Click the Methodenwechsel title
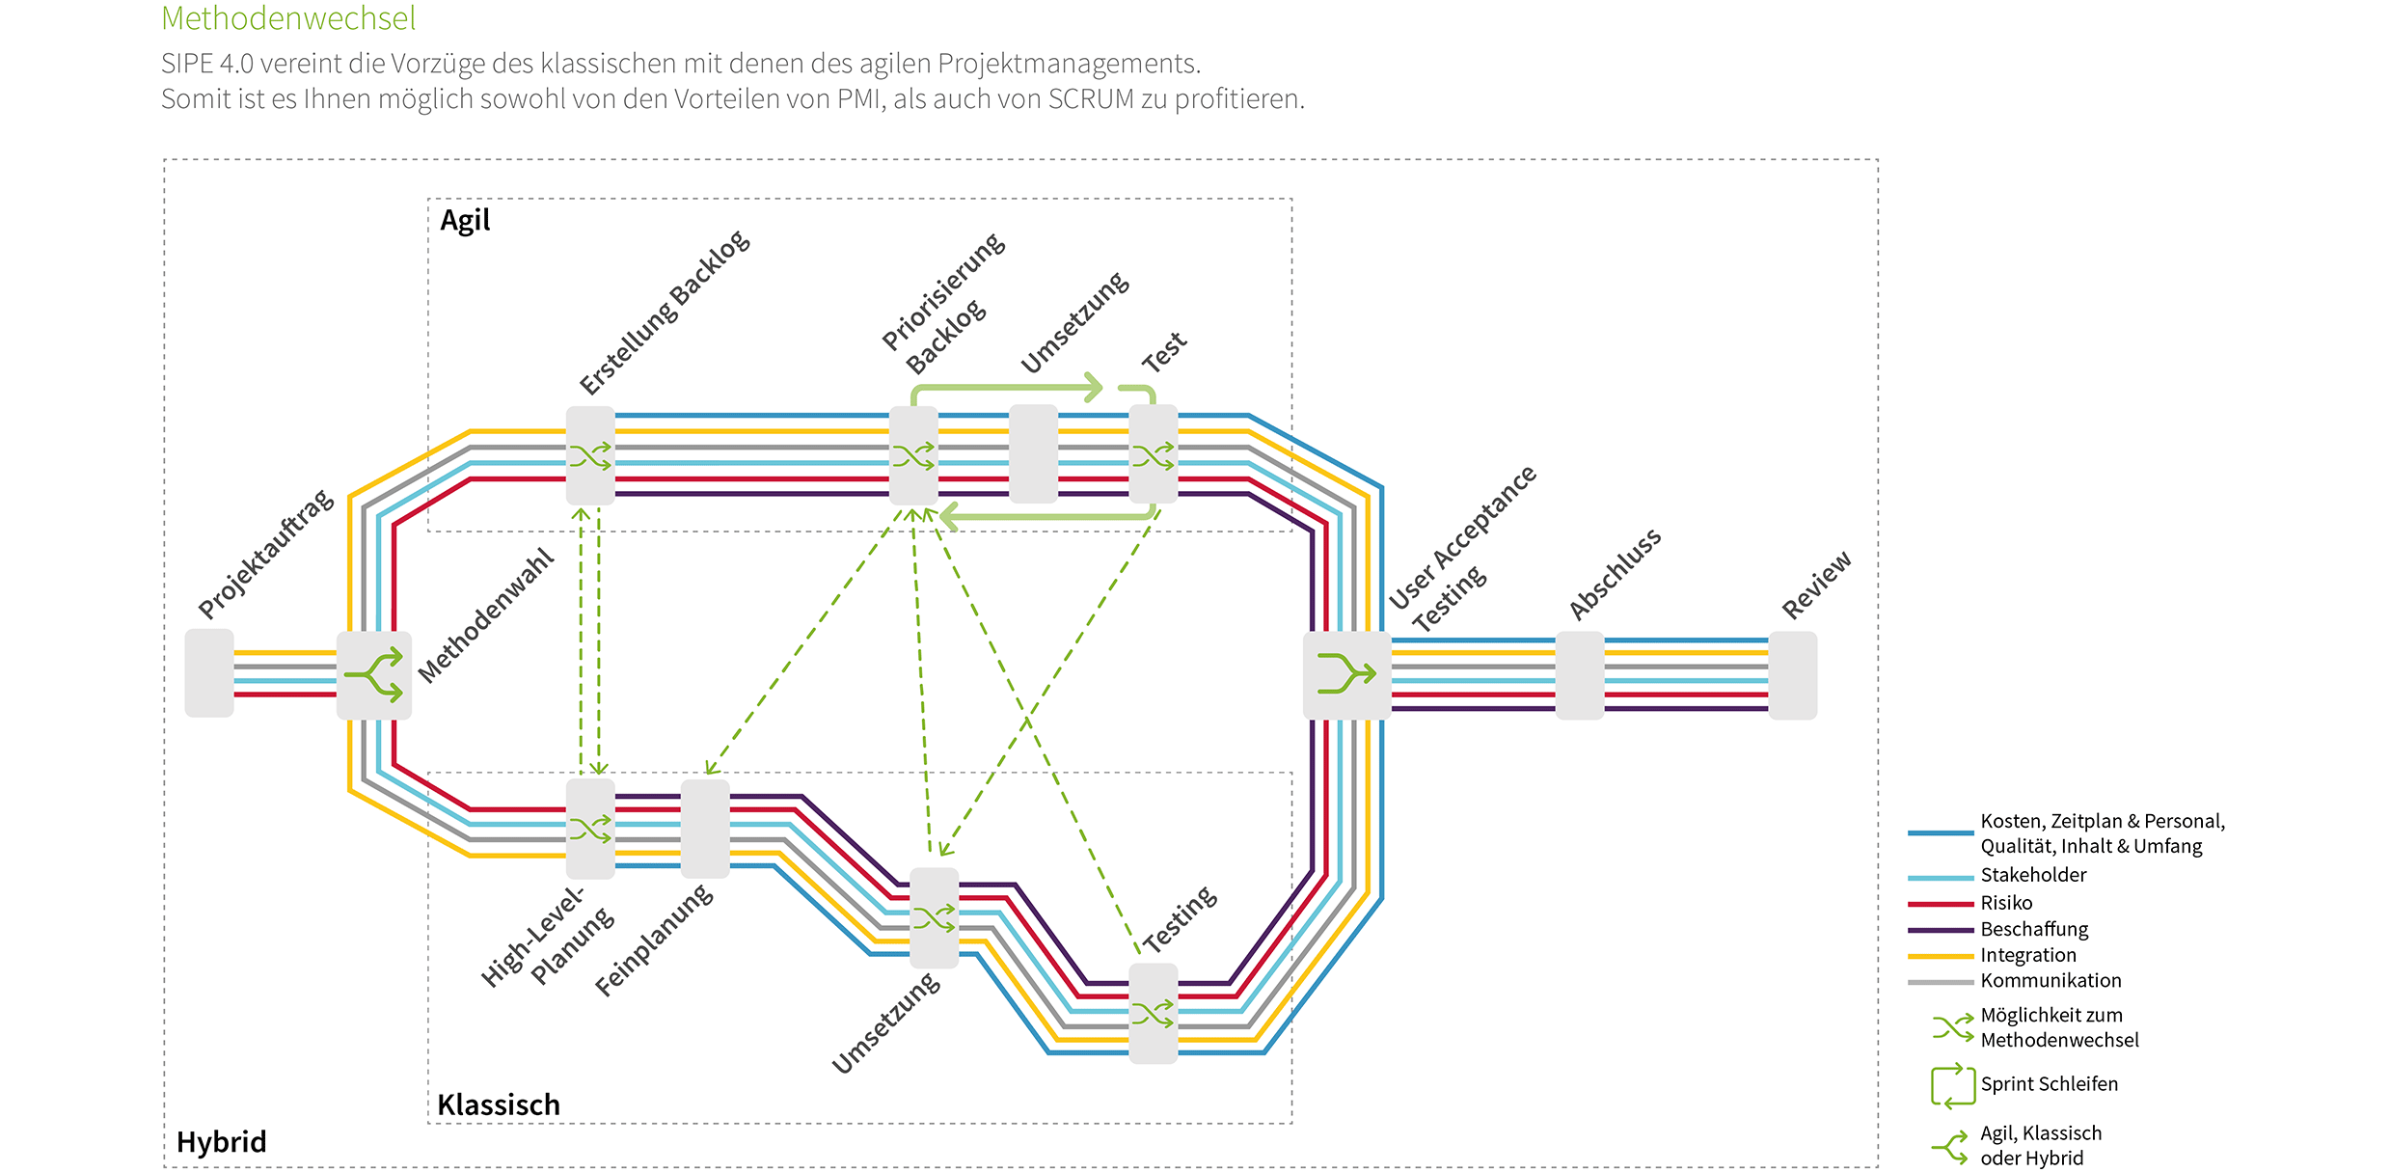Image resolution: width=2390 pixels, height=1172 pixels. point(288,17)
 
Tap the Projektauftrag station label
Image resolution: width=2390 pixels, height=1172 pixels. point(266,555)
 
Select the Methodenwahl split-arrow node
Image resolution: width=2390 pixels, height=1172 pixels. point(374,674)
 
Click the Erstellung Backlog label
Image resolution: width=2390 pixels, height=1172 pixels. point(665,313)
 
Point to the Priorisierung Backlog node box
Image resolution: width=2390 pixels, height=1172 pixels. point(913,454)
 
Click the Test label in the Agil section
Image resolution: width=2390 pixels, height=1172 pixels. point(1164,352)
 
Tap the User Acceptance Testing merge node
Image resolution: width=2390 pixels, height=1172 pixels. point(1346,674)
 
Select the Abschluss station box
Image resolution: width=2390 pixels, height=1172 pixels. point(1580,674)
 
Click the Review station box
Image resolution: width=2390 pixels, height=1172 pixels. point(1793,674)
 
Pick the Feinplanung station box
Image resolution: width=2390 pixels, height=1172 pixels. point(705,829)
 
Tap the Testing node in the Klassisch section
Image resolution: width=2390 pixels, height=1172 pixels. point(1154,1013)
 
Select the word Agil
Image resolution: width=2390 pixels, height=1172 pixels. point(465,221)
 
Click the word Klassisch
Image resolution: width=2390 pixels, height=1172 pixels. point(499,1104)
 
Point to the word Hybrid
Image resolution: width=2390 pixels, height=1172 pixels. point(221,1142)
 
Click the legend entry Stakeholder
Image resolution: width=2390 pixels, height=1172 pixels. point(2033,875)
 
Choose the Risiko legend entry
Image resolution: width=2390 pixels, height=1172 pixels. point(2006,903)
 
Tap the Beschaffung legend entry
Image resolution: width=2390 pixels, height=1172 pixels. point(2034,929)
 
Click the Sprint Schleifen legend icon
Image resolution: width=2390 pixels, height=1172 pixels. point(1953,1085)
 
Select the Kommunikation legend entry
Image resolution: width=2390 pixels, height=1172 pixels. point(2051,981)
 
